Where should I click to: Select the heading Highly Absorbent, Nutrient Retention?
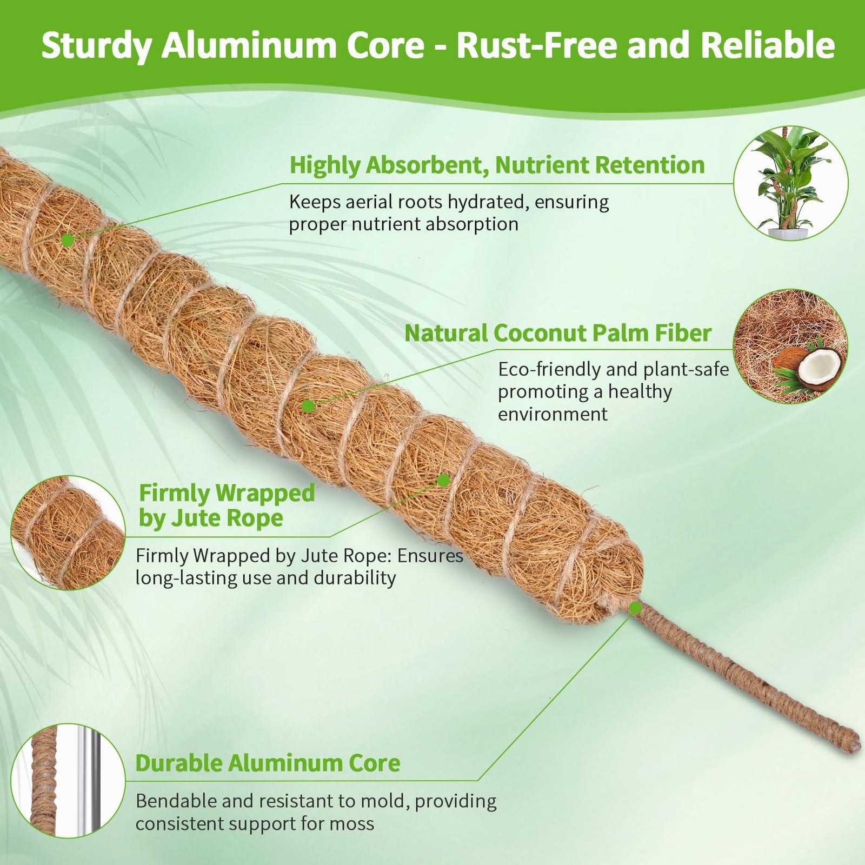(x=497, y=165)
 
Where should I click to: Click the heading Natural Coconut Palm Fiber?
(x=558, y=333)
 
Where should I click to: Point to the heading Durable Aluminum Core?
(x=268, y=763)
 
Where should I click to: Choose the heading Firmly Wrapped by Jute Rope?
(x=227, y=505)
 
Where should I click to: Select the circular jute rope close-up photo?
(x=68, y=533)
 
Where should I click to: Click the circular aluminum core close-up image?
(x=68, y=781)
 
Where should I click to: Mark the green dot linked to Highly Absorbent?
(x=68, y=241)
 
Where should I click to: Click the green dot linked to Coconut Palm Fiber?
(x=308, y=407)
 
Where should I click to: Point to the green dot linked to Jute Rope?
(x=444, y=480)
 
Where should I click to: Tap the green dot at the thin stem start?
(x=635, y=609)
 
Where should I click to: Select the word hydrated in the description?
(x=484, y=203)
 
